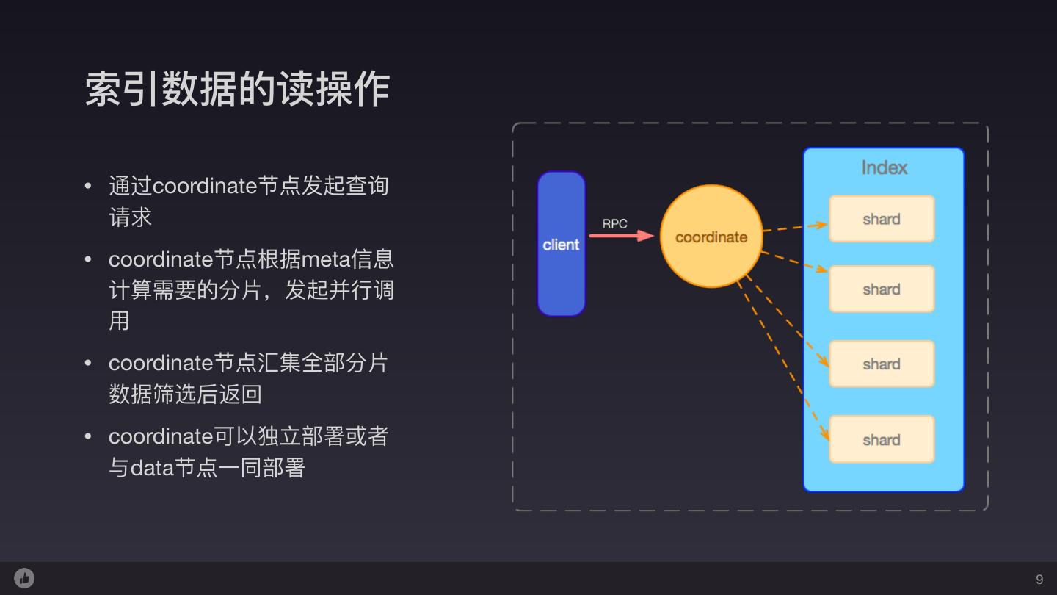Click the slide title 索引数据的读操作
pos(237,90)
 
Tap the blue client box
pos(562,244)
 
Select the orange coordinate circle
pos(711,237)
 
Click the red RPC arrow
pos(621,236)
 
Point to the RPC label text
pos(615,223)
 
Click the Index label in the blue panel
pos(884,167)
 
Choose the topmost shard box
pos(882,219)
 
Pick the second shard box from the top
pos(882,289)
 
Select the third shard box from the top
pos(882,364)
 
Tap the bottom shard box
pos(882,440)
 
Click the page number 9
pos(1039,580)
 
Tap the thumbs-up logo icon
pos(24,578)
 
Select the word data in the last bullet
pos(152,467)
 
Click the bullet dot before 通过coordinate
pos(89,186)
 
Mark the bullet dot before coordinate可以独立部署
pos(89,436)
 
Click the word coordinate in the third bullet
pos(161,363)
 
